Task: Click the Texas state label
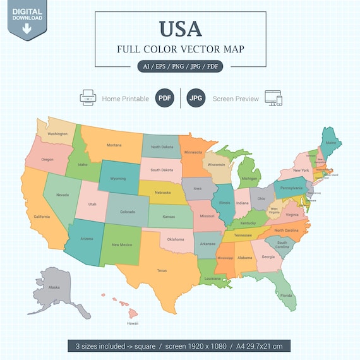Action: tap(162, 270)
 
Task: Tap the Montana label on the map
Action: tap(114, 145)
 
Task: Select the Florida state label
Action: tap(286, 295)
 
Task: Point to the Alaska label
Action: tap(54, 287)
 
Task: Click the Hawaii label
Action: tap(133, 323)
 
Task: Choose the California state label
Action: tap(42, 217)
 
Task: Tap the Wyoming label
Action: tap(118, 178)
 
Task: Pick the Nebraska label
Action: tap(162, 192)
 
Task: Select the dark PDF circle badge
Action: tap(165, 99)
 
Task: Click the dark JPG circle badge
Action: tap(197, 99)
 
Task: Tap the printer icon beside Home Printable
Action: tap(87, 99)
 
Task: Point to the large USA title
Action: tap(180, 28)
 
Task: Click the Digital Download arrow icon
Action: tap(27, 27)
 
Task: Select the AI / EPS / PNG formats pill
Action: tap(180, 66)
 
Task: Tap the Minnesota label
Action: tap(193, 152)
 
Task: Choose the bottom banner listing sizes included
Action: tap(180, 346)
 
